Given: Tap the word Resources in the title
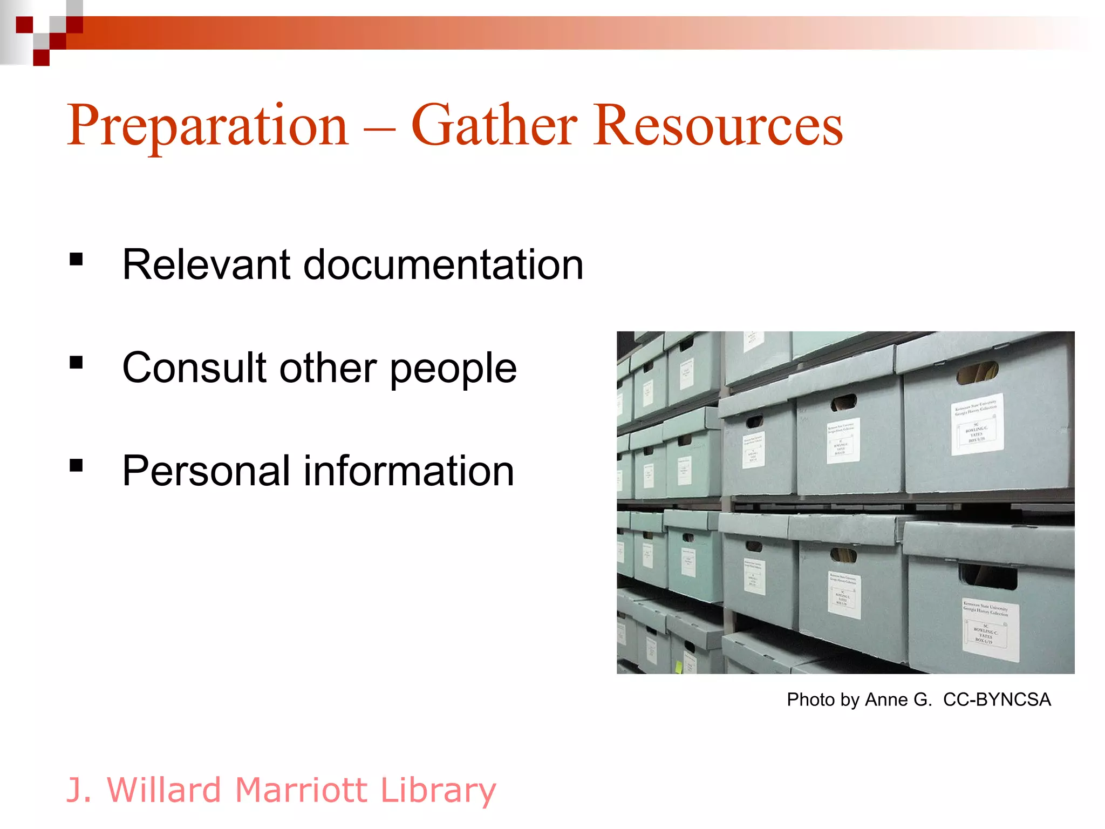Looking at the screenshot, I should tap(718, 125).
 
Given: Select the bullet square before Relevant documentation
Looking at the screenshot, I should tap(76, 260).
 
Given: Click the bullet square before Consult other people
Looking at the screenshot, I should tap(76, 363).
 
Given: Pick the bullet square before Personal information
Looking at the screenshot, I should tap(76, 465).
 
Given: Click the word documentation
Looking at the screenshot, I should tap(443, 264).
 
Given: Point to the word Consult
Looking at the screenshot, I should tap(194, 368).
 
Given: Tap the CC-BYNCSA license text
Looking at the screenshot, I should tap(997, 699).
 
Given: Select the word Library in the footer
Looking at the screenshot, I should tap(438, 791).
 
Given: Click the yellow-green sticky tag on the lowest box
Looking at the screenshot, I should tap(679, 667).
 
